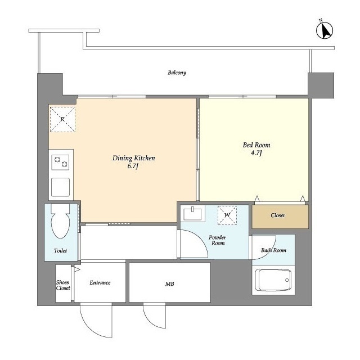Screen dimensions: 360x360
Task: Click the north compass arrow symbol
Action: click(325, 30)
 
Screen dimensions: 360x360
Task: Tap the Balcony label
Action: click(177, 73)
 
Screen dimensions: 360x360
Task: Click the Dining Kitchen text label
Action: click(134, 158)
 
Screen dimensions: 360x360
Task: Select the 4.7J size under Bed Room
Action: click(256, 153)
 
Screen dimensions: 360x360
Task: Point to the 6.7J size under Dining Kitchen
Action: click(133, 166)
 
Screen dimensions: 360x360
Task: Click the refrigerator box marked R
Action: click(62, 119)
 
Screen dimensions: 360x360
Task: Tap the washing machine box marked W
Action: click(227, 215)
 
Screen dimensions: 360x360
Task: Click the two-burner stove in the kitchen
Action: click(60, 162)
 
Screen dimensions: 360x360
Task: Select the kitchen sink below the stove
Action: click(60, 187)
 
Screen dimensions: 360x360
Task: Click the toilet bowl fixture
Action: click(60, 222)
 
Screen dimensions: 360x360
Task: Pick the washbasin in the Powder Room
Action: click(192, 214)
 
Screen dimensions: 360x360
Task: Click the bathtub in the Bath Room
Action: click(273, 280)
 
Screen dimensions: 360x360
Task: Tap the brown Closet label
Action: click(277, 215)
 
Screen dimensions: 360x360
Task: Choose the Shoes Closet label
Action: click(63, 285)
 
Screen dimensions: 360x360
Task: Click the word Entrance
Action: click(100, 282)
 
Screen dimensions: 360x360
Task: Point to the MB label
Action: click(170, 284)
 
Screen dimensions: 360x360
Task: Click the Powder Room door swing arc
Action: click(200, 237)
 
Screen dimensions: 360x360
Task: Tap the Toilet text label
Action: click(60, 250)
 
